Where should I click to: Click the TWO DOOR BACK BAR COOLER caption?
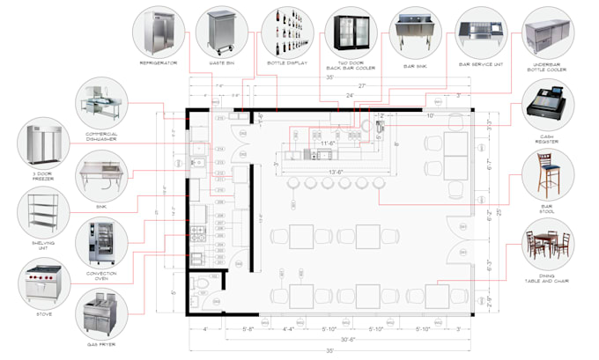352,66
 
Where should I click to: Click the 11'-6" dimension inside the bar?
330,143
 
